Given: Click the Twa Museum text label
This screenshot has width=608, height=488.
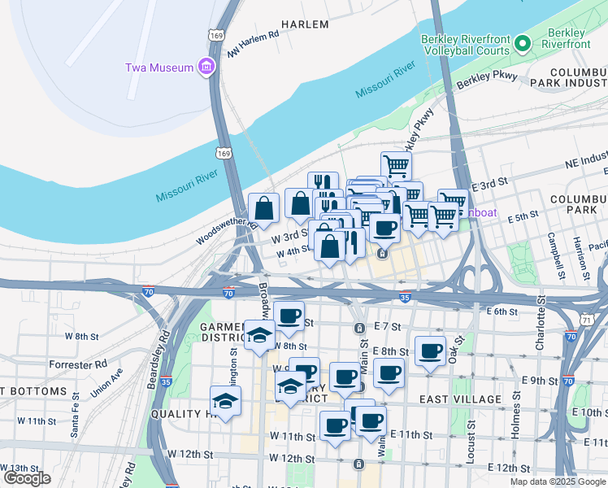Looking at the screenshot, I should pos(159,67).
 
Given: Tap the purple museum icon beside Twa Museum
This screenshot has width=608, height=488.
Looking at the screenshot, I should pos(206,67).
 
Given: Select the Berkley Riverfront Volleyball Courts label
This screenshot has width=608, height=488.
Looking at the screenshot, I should pos(466,45).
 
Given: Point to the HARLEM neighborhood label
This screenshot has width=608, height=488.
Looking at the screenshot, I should pos(305,24).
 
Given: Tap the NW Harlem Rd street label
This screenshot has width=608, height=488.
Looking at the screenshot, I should pos(254,45).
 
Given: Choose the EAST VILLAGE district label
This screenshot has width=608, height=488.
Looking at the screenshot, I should pos(461,399).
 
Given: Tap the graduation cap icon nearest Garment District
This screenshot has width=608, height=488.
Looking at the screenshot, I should pos(259,335).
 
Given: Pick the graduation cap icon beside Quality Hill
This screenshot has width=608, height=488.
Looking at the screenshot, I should pos(225,400).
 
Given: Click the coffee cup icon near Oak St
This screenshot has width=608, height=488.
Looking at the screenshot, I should pos(430,351).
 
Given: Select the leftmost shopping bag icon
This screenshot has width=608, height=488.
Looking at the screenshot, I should pos(263,208).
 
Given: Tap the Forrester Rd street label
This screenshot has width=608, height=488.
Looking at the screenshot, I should pos(78,364).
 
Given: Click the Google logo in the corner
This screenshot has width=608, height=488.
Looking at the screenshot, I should pos(26,478).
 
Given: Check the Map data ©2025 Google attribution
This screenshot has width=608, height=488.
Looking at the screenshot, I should pos(557,481).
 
